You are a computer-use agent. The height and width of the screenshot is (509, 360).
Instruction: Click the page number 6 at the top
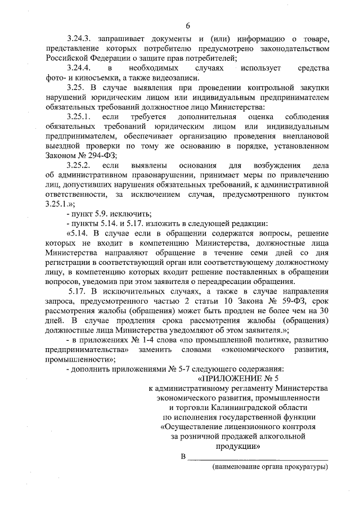point(188,25)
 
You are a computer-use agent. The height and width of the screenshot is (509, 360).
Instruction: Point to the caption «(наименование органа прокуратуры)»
point(269,466)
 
